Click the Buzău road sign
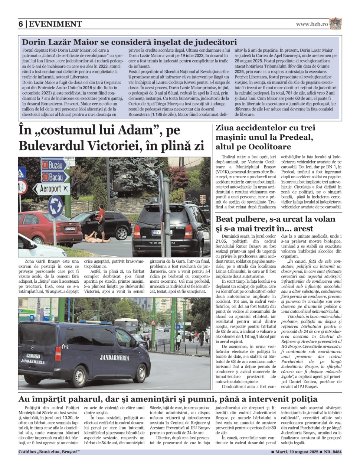tap(52, 164)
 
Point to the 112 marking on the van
tap(66, 347)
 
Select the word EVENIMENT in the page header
tap(55, 24)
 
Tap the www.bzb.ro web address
tap(312, 24)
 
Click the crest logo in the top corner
tap(335, 24)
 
